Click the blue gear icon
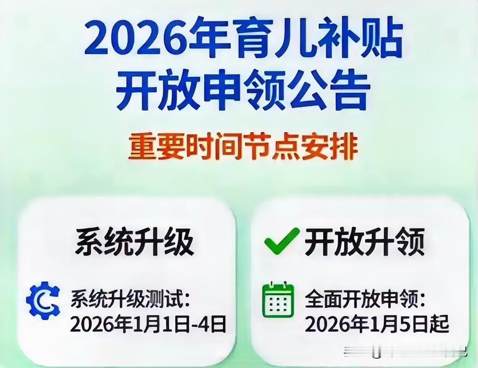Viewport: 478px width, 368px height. coord(43,301)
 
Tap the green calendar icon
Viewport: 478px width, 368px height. coord(278,300)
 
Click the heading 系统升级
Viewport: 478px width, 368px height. coord(134,243)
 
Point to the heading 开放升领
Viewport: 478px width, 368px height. coord(365,243)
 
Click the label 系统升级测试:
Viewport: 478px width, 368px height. coord(130,299)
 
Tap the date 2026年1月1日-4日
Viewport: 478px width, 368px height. coord(148,324)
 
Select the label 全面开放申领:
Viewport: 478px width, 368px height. coord(364,299)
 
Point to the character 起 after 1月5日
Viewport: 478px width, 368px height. coord(439,324)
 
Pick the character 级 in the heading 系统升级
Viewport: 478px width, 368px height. coord(179,243)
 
